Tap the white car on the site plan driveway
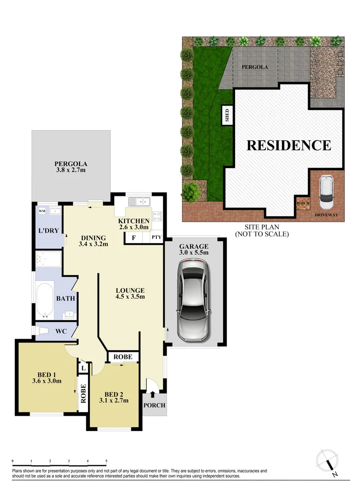[327, 192]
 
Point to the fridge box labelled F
[134, 238]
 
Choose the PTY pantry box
[156, 238]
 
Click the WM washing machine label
[42, 211]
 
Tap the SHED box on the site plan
[227, 114]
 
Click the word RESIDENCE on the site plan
[289, 145]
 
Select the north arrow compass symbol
[329, 463]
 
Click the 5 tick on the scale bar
[106, 461]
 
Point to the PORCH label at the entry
[154, 406]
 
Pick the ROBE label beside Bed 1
[84, 394]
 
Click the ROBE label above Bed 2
[123, 357]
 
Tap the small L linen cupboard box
[83, 368]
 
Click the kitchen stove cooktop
[156, 215]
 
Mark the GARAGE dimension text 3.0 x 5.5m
[194, 253]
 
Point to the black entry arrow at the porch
[153, 394]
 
